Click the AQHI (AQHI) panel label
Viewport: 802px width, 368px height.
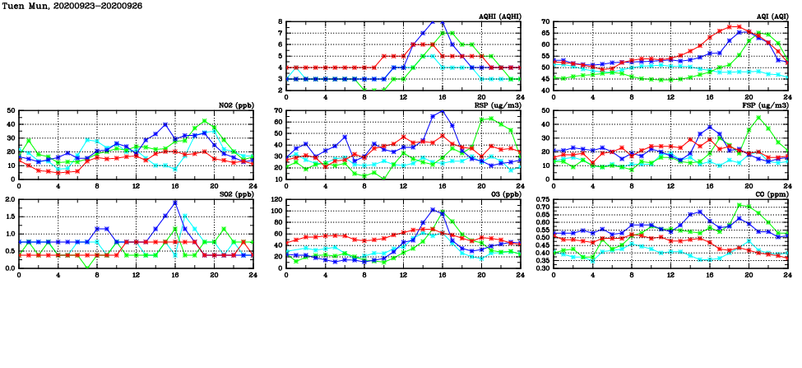(x=499, y=16)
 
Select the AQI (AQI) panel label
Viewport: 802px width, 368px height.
(x=771, y=16)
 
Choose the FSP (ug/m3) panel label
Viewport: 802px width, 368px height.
(x=766, y=105)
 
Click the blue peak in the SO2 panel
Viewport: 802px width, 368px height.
(x=175, y=203)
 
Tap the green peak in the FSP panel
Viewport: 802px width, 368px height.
(x=758, y=116)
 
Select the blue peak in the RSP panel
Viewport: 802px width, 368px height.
(x=443, y=111)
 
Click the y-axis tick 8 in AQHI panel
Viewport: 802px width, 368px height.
(x=280, y=21)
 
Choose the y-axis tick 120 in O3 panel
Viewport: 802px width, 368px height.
(x=276, y=199)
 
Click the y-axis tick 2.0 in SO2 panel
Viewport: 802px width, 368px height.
(x=9, y=199)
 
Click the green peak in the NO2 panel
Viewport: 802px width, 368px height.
(x=205, y=121)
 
